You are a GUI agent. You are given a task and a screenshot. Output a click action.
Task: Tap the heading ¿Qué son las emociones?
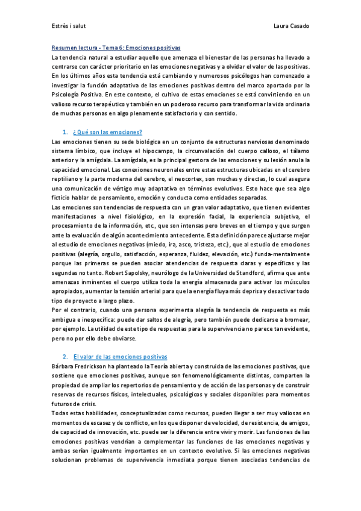coord(107,132)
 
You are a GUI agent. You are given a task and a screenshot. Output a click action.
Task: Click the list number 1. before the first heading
coord(64,132)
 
